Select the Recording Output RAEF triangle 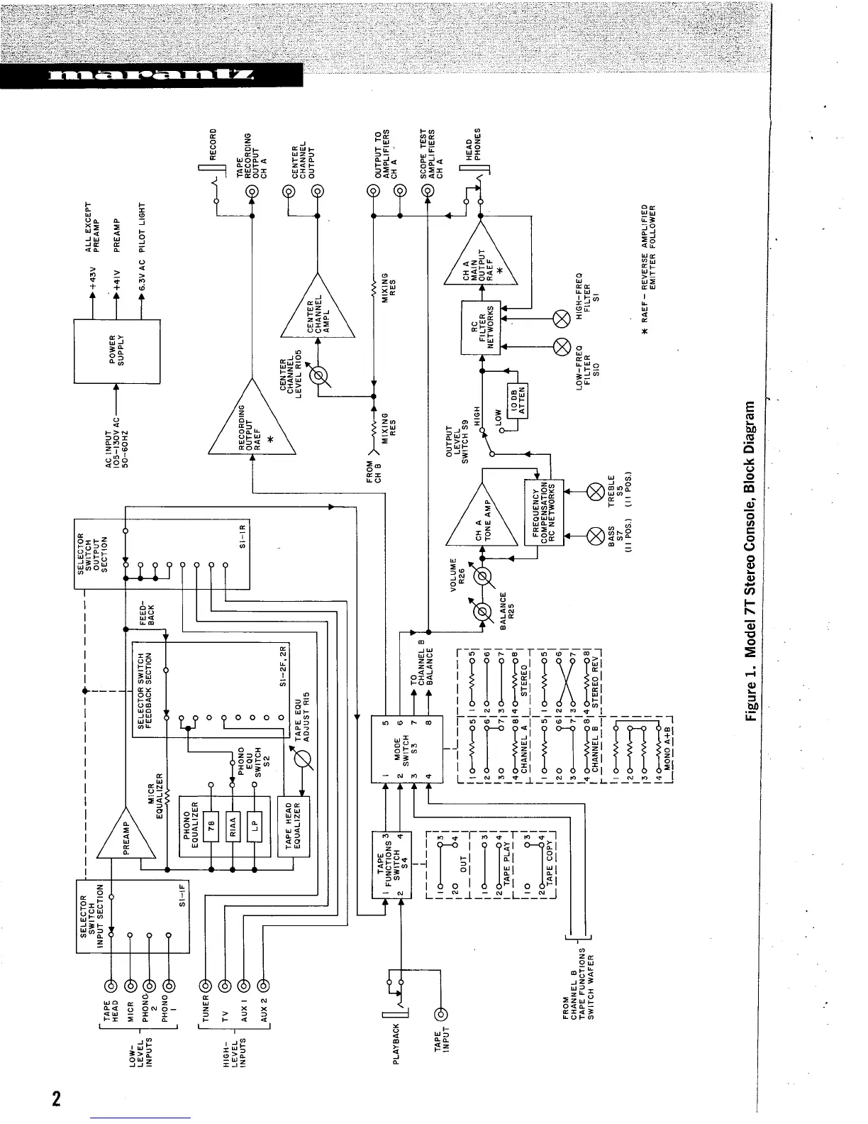[250, 426]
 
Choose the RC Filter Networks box [482, 327]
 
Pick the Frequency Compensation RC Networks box [543, 512]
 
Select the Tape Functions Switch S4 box [392, 864]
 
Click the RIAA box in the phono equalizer [233, 826]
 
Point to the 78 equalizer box [211, 826]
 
